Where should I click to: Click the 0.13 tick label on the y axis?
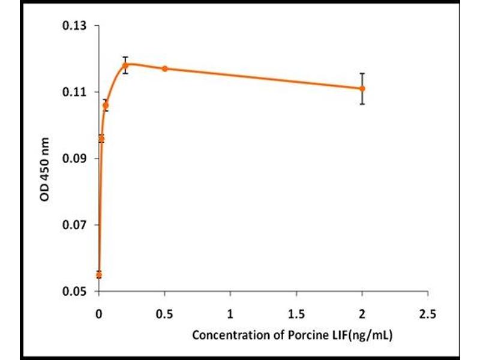point(74,26)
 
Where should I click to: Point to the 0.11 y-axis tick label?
point(74,92)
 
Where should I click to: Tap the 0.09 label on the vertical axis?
point(74,158)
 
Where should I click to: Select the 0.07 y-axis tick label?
point(74,225)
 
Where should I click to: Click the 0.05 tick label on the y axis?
point(74,292)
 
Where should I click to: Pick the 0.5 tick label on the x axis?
point(164,313)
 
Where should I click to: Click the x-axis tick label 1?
point(230,313)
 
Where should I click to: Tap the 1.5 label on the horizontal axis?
point(296,313)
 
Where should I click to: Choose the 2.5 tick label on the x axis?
point(428,313)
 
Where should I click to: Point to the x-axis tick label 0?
point(99,313)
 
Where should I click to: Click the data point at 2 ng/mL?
point(362,88)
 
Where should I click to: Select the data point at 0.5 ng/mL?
point(165,68)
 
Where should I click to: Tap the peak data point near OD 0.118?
point(125,65)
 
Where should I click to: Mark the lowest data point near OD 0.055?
point(99,275)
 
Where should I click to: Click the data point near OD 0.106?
point(106,105)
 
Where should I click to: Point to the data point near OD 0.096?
point(101,139)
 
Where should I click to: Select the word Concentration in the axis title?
point(228,335)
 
